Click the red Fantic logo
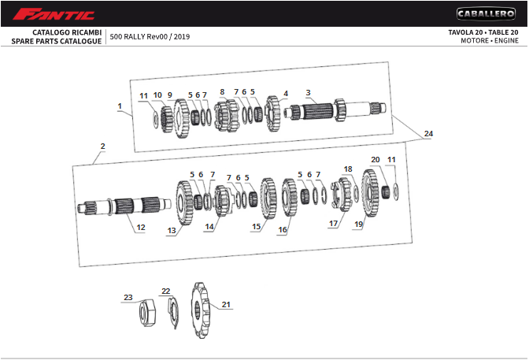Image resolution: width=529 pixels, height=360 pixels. (54, 14)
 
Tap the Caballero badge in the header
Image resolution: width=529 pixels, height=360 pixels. (486, 14)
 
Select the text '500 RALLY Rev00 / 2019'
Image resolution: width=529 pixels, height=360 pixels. (150, 37)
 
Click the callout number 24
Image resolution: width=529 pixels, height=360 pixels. (428, 134)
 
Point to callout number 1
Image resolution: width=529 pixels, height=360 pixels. (120, 106)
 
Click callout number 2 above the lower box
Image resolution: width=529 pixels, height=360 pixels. (102, 147)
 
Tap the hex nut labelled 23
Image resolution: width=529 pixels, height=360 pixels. (147, 313)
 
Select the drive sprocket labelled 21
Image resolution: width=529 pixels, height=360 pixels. (201, 310)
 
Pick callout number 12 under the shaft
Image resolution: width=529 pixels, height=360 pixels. (141, 228)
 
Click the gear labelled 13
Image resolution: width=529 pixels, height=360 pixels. (184, 202)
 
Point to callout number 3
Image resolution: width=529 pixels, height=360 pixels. (308, 92)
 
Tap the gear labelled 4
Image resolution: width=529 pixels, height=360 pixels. (273, 113)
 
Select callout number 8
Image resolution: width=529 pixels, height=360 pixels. (222, 92)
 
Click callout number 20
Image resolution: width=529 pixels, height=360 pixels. (375, 160)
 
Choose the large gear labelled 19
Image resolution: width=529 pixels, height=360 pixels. (371, 193)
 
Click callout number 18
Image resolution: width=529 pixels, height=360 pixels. (348, 169)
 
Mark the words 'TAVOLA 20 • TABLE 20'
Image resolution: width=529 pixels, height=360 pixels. (483, 32)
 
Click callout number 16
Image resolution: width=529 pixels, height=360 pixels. (283, 230)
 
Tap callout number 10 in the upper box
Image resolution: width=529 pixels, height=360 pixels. (157, 95)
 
